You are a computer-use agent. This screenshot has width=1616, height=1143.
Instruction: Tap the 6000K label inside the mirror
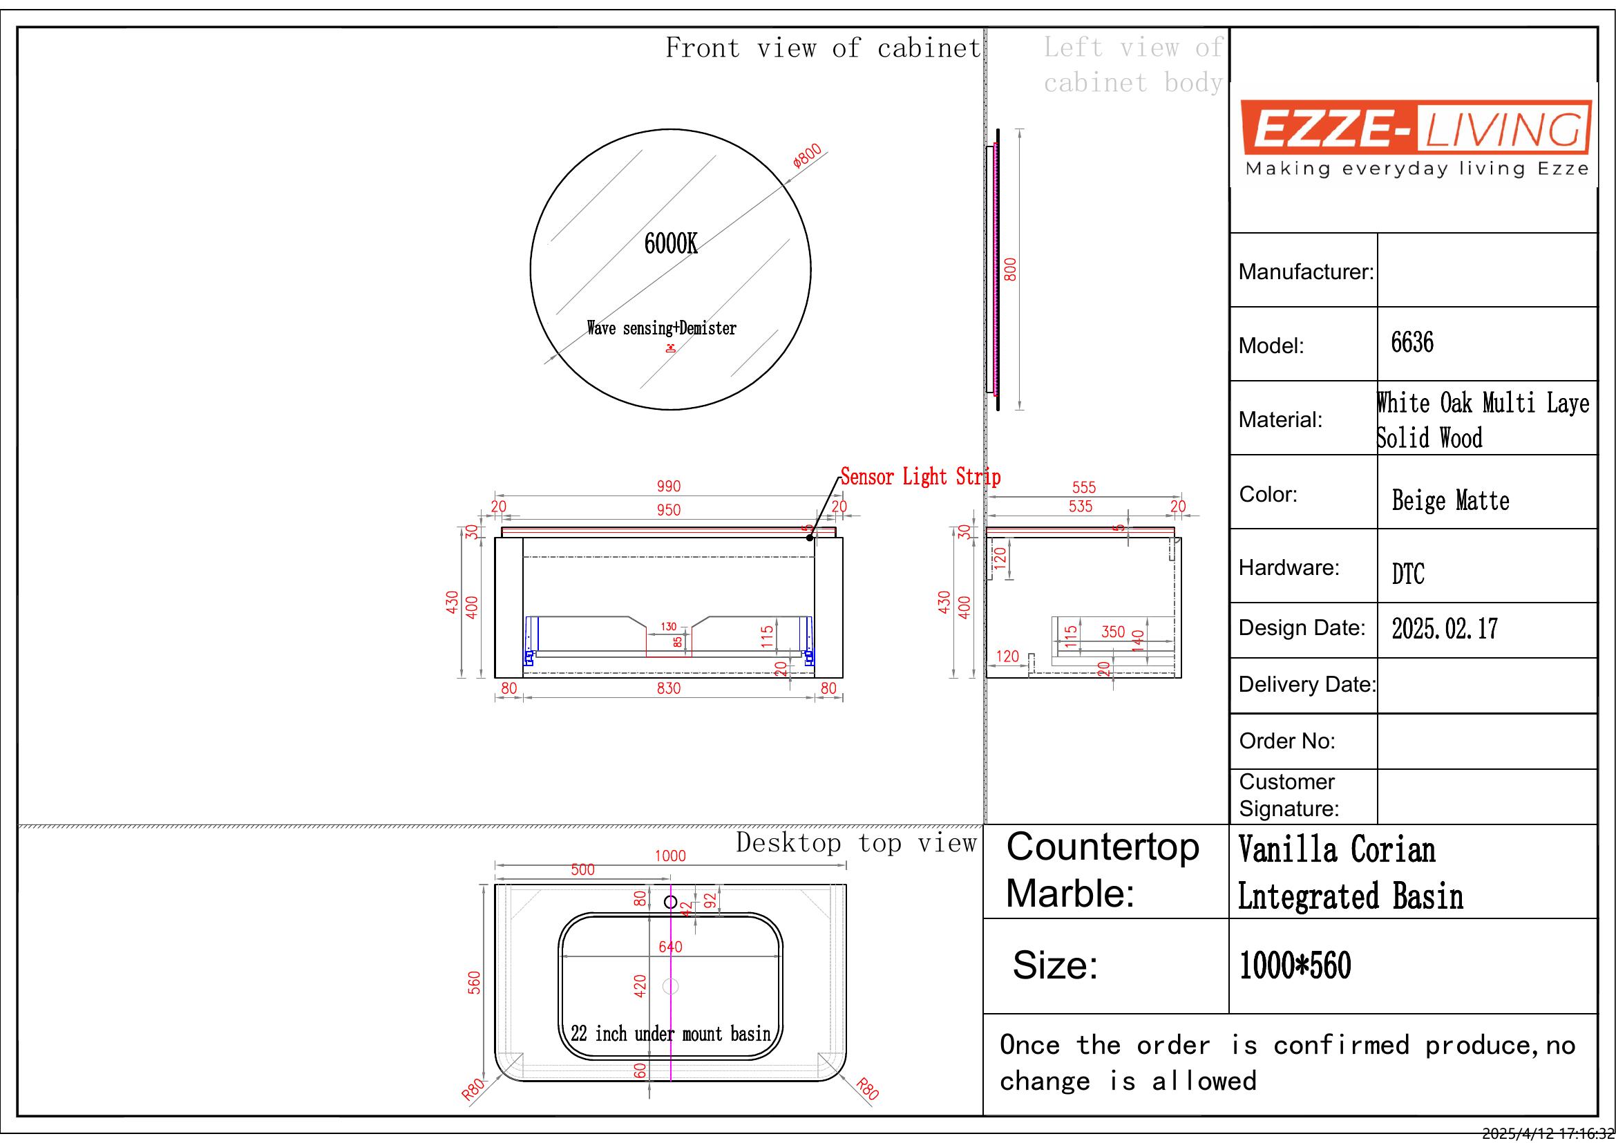[671, 244]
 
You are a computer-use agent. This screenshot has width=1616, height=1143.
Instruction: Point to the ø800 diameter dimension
[807, 155]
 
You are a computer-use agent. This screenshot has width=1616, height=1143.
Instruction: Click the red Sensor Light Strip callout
[920, 478]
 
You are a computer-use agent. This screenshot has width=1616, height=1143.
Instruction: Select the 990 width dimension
[669, 487]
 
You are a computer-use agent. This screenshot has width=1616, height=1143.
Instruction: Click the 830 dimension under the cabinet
[669, 688]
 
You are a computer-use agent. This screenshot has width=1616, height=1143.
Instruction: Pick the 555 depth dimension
[1084, 487]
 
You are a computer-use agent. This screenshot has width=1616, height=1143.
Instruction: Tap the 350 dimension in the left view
[1114, 632]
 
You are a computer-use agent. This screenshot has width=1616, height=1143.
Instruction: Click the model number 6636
[1412, 343]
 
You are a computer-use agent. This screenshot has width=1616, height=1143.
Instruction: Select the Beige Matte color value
[1451, 500]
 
